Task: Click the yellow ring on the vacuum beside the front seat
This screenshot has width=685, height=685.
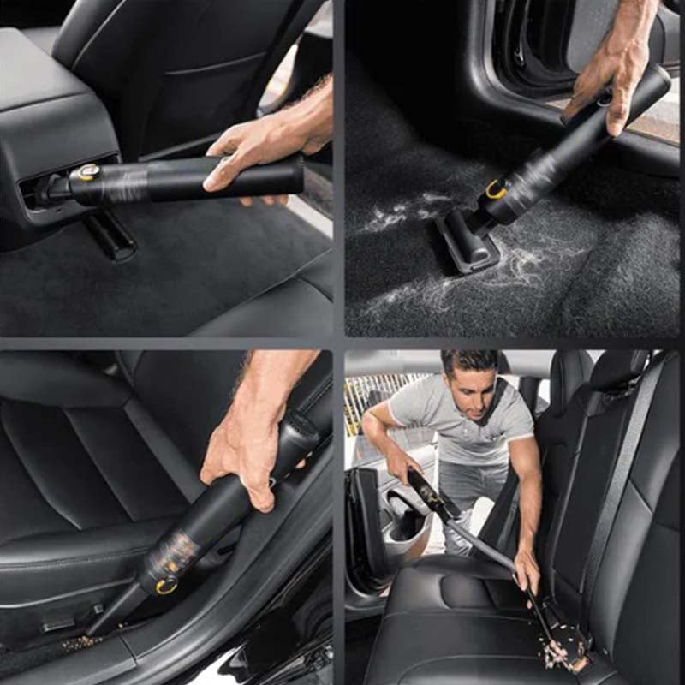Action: coord(165,586)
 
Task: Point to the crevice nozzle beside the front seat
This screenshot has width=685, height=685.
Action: coord(120,612)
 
